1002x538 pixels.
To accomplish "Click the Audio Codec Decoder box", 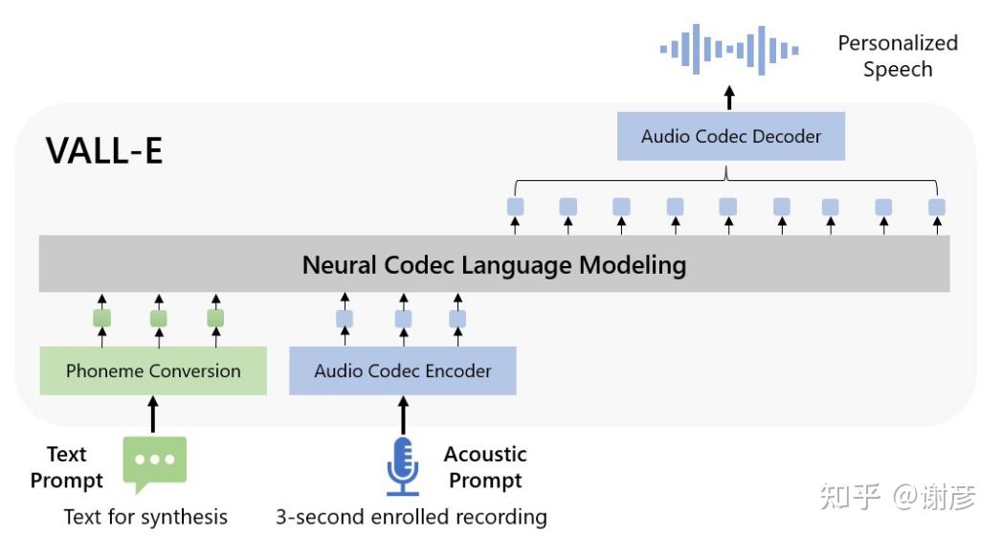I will pos(730,136).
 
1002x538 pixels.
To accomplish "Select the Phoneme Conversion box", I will pos(153,370).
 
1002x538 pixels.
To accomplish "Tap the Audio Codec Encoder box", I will pos(403,370).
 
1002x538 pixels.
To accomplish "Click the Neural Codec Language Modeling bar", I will pos(494,264).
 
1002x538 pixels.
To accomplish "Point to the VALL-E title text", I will pos(104,151).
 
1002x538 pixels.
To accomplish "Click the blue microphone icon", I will pos(403,466).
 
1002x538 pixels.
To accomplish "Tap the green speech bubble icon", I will pos(154,463).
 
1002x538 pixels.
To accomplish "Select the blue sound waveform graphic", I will pos(729,49).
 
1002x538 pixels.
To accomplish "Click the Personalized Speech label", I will pos(897,56).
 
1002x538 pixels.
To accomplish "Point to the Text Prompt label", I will pos(66,466).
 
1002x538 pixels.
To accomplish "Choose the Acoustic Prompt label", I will pos(485,466).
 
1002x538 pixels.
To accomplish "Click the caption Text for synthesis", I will pos(145,517).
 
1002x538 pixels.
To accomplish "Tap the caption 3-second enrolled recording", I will pos(412,517).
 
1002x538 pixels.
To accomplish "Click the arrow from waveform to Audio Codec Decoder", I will pos(730,97).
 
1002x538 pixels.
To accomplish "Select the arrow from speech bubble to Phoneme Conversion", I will pos(153,415).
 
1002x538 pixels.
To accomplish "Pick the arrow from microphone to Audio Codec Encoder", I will pos(403,415).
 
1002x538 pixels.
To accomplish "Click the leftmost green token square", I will pos(101,318).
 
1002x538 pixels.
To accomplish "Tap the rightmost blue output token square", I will pos(937,207).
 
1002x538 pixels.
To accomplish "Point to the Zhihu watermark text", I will pos(898,497).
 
